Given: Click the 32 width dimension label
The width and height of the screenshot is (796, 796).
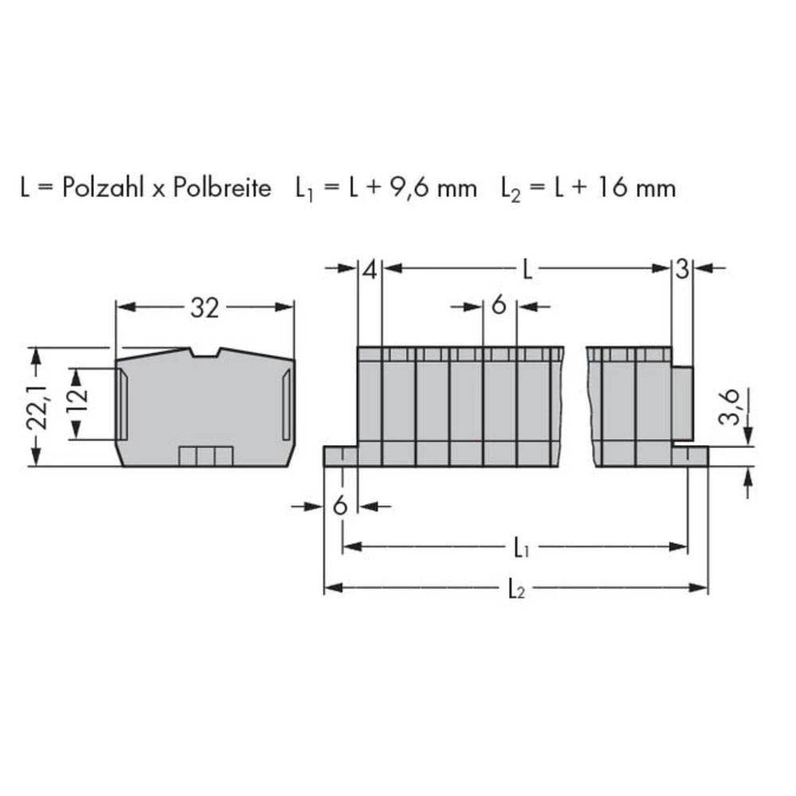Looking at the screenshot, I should (204, 308).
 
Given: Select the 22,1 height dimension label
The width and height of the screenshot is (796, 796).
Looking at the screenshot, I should (35, 406).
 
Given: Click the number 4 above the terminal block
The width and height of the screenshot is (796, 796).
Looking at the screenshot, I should (369, 270).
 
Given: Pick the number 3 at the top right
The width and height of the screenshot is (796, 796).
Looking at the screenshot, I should (682, 270).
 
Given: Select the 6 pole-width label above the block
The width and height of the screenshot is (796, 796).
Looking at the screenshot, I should (499, 305).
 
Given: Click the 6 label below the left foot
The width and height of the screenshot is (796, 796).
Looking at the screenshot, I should (341, 505).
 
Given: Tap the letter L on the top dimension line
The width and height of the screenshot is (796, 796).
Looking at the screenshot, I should (527, 270).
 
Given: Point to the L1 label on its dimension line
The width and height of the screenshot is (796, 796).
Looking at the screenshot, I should (521, 548).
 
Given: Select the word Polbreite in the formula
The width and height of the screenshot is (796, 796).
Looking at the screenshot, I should (222, 188).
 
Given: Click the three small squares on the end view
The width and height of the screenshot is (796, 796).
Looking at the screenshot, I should (205, 455).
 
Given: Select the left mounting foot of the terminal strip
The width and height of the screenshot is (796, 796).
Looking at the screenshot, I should (340, 456).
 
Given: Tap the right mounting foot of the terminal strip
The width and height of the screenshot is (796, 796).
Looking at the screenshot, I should (690, 456).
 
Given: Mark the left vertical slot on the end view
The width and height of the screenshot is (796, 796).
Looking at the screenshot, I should (122, 404).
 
